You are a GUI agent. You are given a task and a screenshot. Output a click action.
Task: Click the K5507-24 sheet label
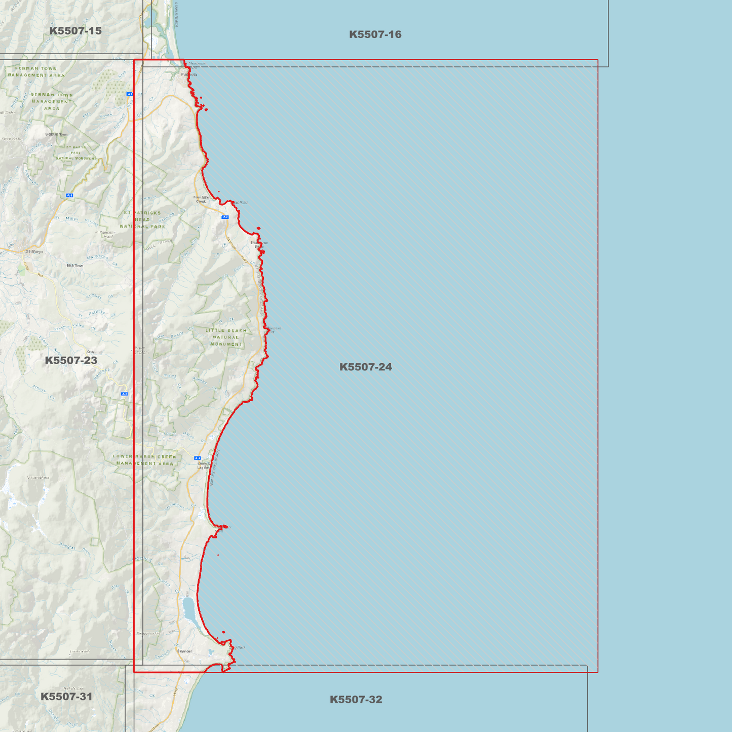coord(365,367)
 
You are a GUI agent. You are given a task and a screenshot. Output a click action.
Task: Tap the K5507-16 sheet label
coord(375,34)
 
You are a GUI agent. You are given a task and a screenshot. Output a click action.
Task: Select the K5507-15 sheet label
coord(75,31)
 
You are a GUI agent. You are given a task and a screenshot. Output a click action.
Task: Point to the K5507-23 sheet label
coord(71,360)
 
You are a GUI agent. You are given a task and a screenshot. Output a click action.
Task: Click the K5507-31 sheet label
coord(66,697)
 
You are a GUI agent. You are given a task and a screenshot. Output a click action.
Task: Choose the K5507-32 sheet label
coord(356,700)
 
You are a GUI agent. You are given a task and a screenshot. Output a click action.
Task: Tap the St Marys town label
coord(34,252)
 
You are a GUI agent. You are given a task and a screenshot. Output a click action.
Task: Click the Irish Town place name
coord(74,265)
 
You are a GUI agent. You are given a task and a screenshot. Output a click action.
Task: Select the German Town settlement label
coord(56,134)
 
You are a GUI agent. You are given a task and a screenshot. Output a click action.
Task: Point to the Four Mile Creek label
coord(201,200)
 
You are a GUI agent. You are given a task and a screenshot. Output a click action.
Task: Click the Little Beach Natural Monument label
coord(226,337)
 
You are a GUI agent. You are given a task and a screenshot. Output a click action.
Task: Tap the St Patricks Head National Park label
coord(142,220)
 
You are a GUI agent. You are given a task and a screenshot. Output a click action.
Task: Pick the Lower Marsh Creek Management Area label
coord(144,460)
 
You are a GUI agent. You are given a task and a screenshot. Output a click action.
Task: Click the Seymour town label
coord(184,651)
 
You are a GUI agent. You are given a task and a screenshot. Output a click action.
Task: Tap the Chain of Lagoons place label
coord(204,465)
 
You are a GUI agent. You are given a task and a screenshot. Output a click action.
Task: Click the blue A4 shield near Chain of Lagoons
coord(198,458)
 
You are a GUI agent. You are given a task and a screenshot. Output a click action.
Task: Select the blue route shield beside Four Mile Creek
coord(225,217)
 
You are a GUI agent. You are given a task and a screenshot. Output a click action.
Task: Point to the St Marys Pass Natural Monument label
coord(75,152)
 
